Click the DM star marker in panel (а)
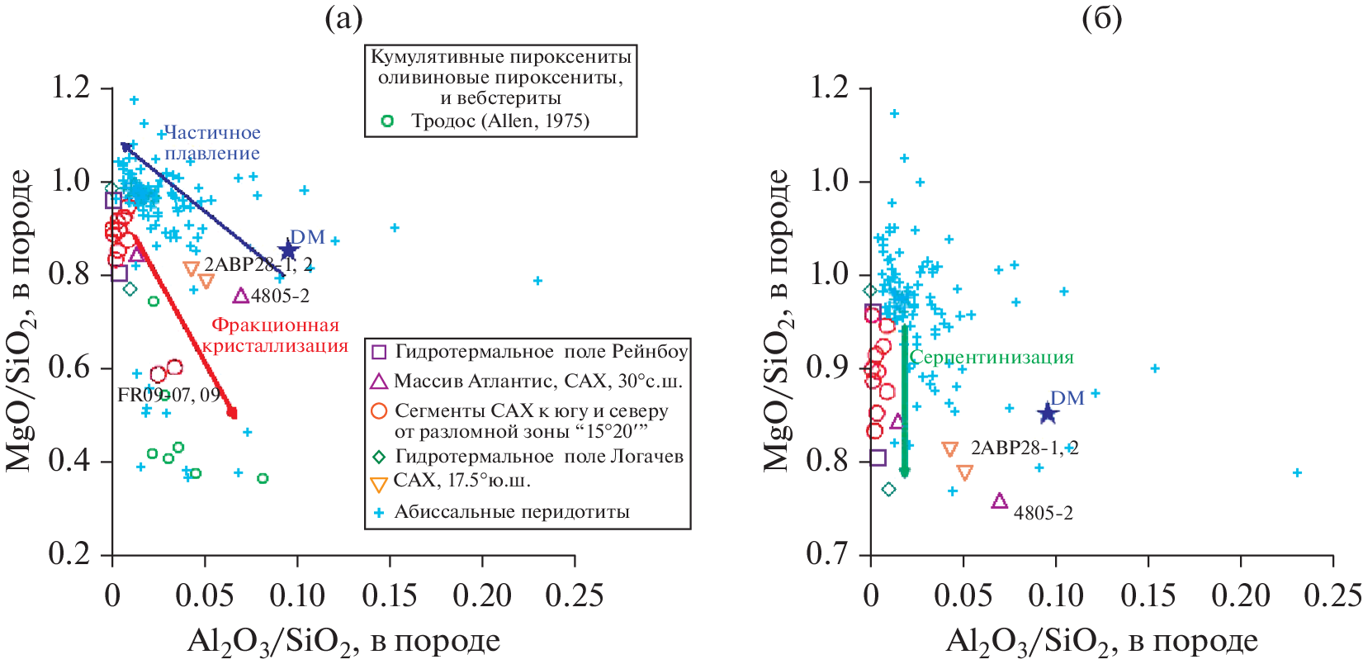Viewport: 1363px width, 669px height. (288, 250)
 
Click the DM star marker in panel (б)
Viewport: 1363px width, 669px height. (1048, 413)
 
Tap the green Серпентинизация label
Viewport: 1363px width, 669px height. (991, 358)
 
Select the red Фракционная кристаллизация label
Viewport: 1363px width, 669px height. (275, 335)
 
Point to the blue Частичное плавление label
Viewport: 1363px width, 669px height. (212, 143)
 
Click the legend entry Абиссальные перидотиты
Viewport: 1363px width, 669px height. (512, 512)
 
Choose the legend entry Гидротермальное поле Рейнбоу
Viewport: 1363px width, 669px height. (541, 352)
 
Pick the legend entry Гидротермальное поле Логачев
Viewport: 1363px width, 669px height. (539, 457)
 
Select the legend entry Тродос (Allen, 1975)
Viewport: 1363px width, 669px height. (500, 121)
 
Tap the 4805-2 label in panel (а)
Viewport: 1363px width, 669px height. (280, 296)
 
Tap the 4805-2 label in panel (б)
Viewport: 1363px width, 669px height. (1044, 513)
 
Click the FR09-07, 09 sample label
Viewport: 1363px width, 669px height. (168, 395)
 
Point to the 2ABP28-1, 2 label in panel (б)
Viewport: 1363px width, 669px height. (1025, 448)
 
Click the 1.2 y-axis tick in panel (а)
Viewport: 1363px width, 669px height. (71, 88)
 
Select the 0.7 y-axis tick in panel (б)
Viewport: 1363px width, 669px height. (829, 553)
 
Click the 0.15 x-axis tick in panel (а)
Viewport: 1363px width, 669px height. (390, 595)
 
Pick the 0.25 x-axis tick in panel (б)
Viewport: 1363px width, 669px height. (1333, 595)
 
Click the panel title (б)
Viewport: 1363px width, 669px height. (1101, 18)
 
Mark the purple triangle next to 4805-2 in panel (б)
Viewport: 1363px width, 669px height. (999, 501)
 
